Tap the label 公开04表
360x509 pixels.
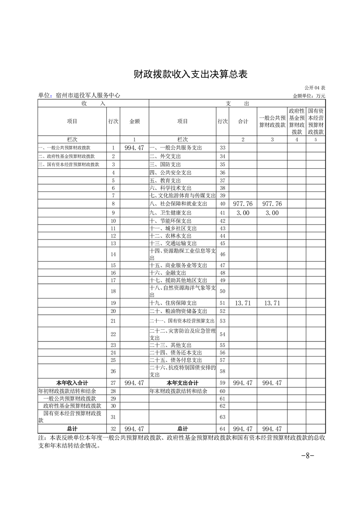click(316, 88)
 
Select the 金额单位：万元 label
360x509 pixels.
click(309, 96)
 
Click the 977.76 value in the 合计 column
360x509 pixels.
click(242, 204)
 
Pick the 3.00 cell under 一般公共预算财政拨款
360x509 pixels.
click(272, 213)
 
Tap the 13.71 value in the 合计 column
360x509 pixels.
click(242, 303)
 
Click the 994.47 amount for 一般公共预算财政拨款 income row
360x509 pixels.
click(134, 148)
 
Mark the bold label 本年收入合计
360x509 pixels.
click(72, 383)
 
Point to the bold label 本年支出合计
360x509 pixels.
click(182, 383)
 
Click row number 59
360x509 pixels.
click(222, 383)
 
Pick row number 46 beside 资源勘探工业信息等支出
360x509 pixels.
click(222, 254)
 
